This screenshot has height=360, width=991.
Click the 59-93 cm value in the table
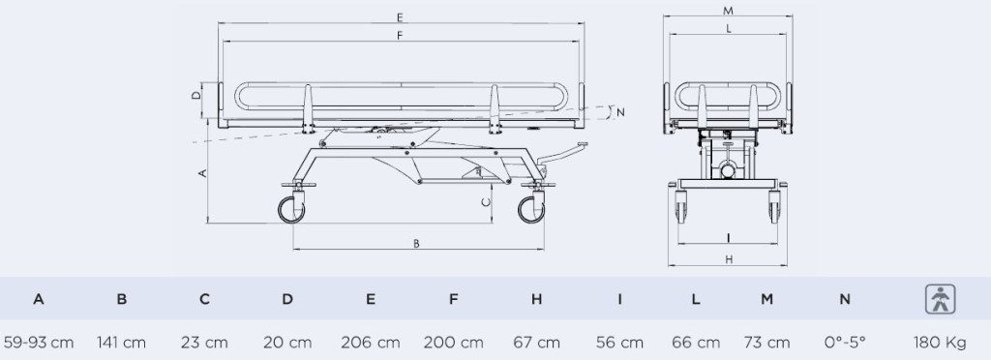[x=39, y=343]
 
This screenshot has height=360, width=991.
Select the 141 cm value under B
[x=121, y=343]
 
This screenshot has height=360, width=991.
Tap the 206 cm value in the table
[x=371, y=343]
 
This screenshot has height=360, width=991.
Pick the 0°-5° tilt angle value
[x=845, y=343]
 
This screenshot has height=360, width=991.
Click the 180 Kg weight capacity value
[x=940, y=343]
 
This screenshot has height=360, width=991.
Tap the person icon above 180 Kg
[x=941, y=299]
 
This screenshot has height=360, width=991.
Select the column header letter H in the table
[x=536, y=299]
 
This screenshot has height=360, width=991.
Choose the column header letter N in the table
[x=845, y=299]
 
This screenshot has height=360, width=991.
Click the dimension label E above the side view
[x=400, y=17]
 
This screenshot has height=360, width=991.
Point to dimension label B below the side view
[x=416, y=243]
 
